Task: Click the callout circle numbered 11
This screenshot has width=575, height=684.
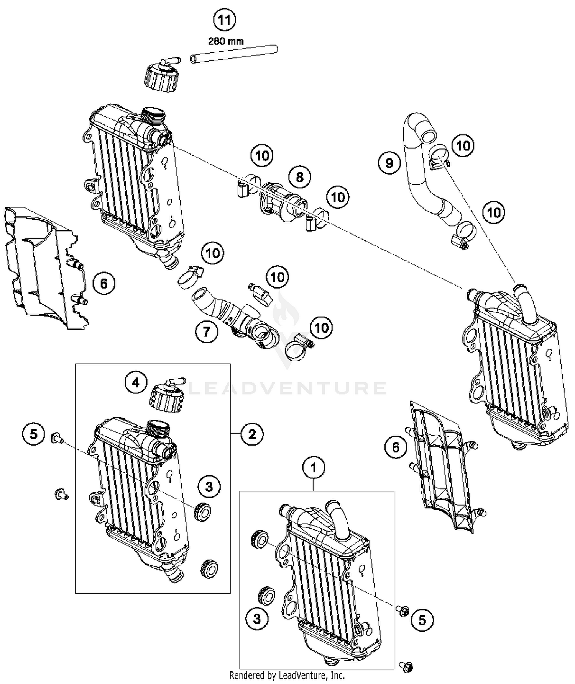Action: (x=224, y=20)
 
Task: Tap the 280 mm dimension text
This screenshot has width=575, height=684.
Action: (x=226, y=41)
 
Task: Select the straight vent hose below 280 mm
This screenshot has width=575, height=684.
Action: (x=234, y=53)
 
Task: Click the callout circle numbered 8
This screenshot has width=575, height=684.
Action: (x=300, y=177)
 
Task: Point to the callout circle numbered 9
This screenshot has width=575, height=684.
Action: (x=389, y=163)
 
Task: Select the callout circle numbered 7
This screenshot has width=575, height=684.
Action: (x=207, y=331)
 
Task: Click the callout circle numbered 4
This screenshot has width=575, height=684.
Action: (x=136, y=382)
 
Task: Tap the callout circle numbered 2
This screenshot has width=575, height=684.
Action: (x=252, y=434)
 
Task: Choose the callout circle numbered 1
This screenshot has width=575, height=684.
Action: (x=314, y=467)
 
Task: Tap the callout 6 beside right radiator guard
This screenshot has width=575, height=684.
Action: (x=396, y=447)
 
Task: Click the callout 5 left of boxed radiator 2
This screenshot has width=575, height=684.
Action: (x=34, y=434)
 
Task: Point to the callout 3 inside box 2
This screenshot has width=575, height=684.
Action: (x=209, y=487)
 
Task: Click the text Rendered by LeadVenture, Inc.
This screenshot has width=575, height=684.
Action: (x=287, y=675)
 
